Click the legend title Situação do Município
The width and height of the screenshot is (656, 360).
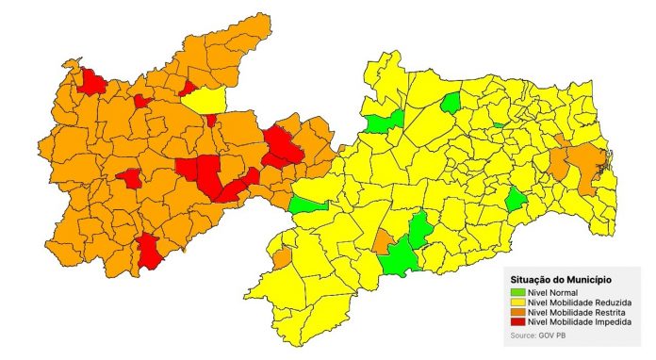[x=560, y=280]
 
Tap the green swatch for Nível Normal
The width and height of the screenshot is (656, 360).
[x=517, y=293]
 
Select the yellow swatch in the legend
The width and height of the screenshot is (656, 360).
[x=517, y=303]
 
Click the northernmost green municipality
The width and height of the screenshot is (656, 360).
[x=451, y=102]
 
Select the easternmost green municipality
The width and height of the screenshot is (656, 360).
[x=516, y=200]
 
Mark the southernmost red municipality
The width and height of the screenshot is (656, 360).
[x=148, y=252]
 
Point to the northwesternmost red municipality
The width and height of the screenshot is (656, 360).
[x=92, y=82]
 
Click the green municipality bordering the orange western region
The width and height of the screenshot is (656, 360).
[x=308, y=205]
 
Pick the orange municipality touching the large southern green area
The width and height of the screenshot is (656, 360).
[x=383, y=241]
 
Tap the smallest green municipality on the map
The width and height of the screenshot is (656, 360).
[x=497, y=124]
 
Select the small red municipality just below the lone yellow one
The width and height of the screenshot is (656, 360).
[x=212, y=120]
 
